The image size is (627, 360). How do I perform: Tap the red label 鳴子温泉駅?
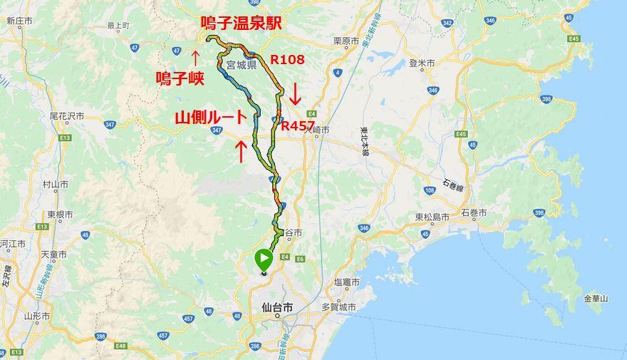pyautogui.click(x=241, y=24)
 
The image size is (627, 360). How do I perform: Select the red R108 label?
pyautogui.click(x=286, y=60)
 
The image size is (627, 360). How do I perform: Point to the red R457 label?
pyautogui.click(x=299, y=125)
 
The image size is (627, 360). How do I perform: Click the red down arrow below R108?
pyautogui.click(x=293, y=92)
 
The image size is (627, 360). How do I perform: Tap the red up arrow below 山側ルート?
pyautogui.click(x=242, y=150)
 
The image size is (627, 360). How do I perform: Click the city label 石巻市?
pyautogui.click(x=474, y=213)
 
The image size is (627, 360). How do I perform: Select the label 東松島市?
pyautogui.click(x=432, y=217)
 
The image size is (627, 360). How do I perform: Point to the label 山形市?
pyautogui.click(x=35, y=315)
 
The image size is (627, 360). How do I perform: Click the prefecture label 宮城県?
pyautogui.click(x=240, y=64)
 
